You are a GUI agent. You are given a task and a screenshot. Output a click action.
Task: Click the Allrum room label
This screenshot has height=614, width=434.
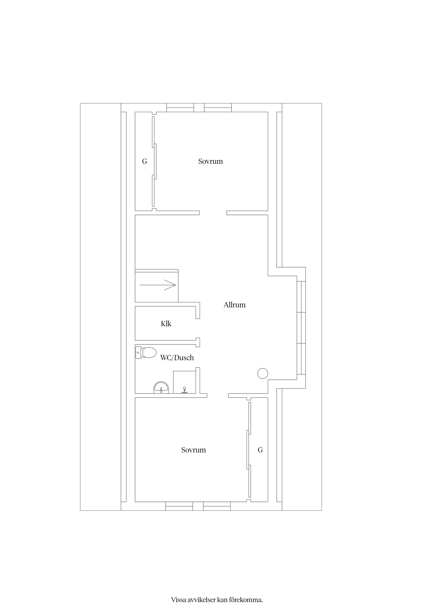pyautogui.click(x=234, y=305)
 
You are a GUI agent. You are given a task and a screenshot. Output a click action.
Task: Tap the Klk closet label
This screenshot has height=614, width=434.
pyautogui.click(x=166, y=324)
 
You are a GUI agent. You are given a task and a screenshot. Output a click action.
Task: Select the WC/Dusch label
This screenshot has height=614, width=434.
pyautogui.click(x=177, y=358)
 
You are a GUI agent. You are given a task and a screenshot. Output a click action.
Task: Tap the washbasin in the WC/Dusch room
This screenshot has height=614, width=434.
pyautogui.click(x=161, y=388)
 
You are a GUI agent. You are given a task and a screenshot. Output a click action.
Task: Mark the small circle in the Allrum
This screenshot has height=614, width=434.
pyautogui.click(x=263, y=373)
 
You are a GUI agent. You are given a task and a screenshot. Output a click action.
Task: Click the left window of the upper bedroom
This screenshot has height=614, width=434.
pyautogui.click(x=180, y=107)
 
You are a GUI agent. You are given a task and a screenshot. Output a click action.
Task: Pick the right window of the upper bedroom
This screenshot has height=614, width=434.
pyautogui.click(x=218, y=107)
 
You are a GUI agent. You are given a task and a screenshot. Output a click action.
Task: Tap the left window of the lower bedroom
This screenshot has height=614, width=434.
pyautogui.click(x=179, y=506)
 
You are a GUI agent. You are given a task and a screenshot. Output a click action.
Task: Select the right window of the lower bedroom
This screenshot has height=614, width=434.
pyautogui.click(x=217, y=506)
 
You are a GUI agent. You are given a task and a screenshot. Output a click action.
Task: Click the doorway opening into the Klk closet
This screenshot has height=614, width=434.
pyautogui.click(x=198, y=328)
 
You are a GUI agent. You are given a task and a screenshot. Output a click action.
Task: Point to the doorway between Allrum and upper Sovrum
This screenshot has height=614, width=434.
pyautogui.click(x=213, y=213)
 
